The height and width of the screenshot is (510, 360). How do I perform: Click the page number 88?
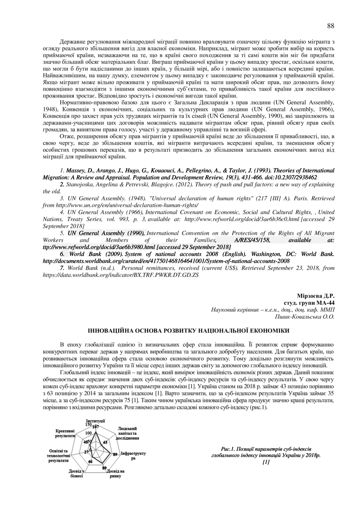tap(330, 26)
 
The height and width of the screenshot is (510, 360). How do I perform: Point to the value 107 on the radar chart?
tap(96, 427)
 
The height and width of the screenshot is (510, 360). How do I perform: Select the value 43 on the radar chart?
tap(105, 442)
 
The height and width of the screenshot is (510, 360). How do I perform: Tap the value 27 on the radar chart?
tap(86, 452)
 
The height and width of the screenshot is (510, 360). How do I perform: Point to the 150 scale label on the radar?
tap(88, 424)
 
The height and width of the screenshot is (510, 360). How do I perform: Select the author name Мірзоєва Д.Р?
tap(316, 296)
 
